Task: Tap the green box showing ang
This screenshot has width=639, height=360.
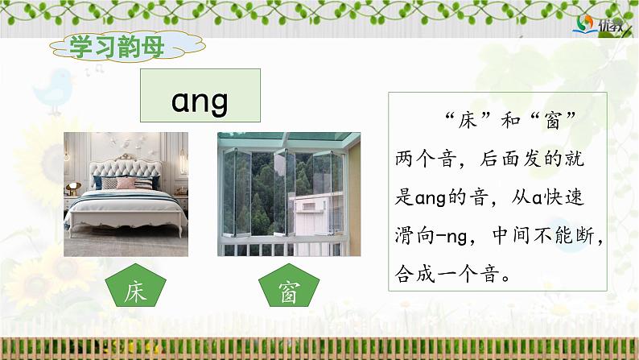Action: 200,101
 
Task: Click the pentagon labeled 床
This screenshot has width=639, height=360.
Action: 133,292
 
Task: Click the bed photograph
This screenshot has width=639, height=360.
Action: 126,193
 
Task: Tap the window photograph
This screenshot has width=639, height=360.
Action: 278,193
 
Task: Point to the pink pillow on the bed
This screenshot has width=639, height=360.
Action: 126,182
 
